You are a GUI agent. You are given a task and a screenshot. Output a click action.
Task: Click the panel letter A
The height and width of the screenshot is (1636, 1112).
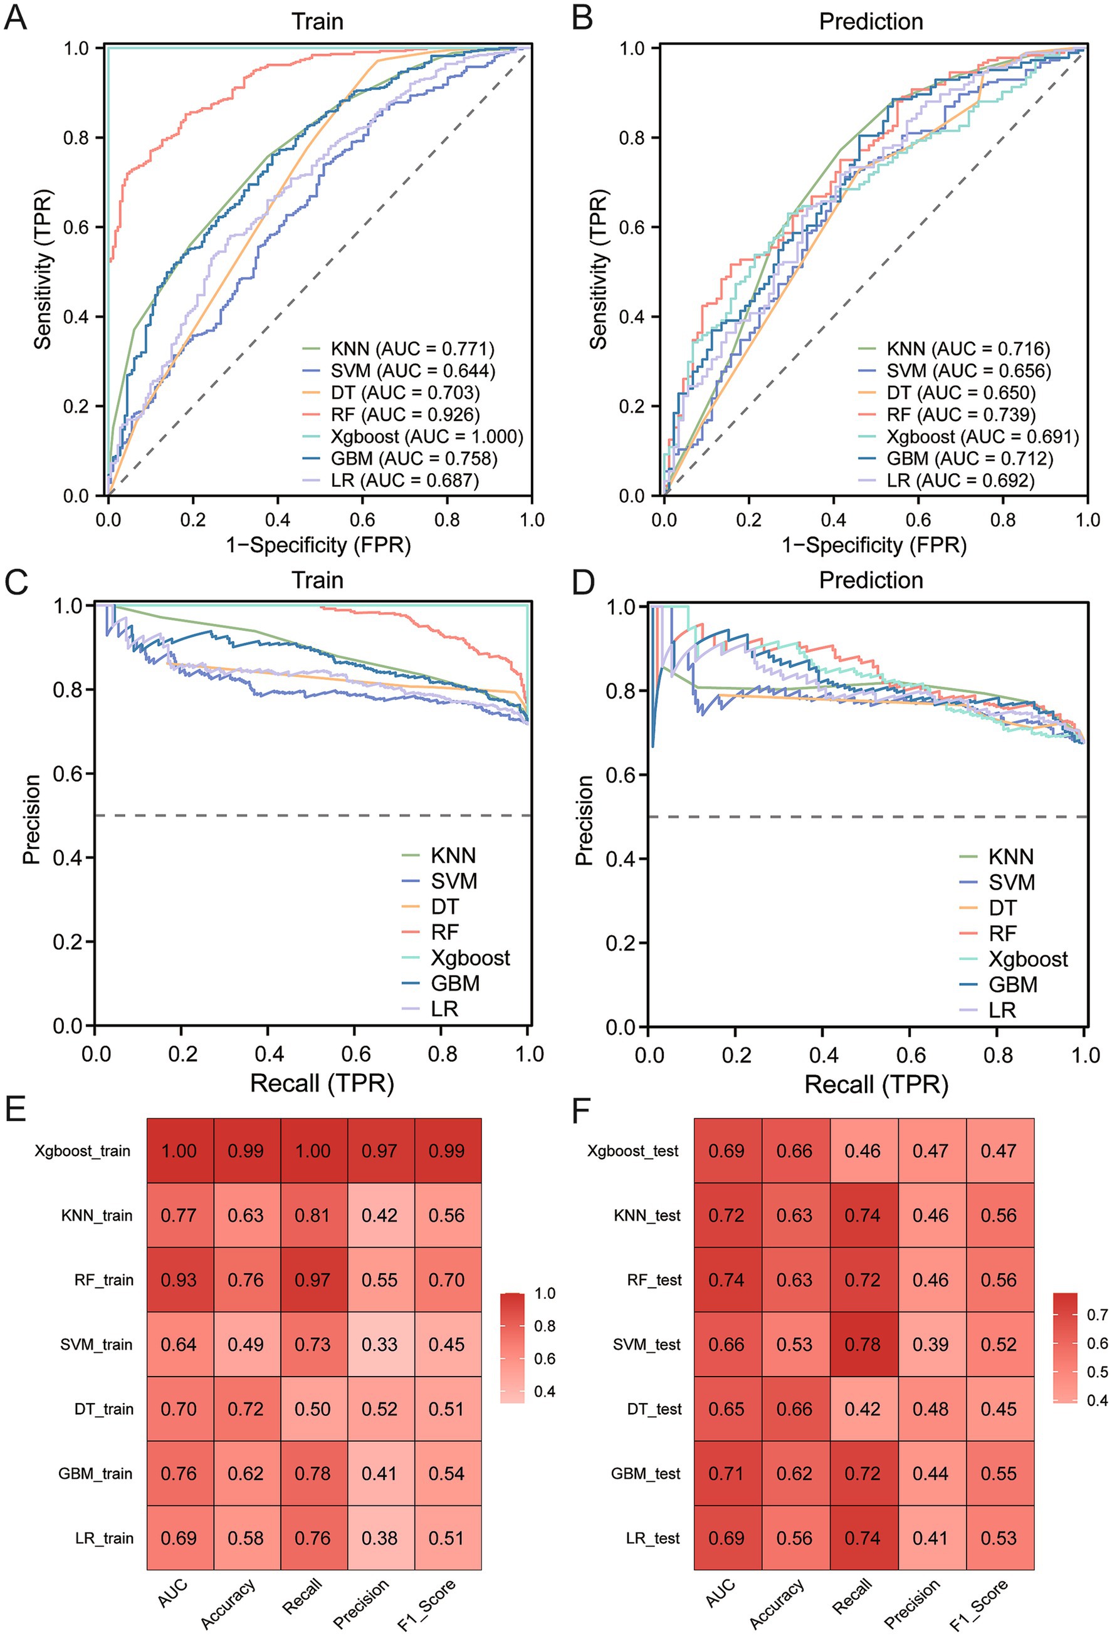(x=16, y=18)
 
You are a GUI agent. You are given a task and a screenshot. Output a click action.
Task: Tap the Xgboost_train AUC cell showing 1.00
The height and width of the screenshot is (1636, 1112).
(x=179, y=1151)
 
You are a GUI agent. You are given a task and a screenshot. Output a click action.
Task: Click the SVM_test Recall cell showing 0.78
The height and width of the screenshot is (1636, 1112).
(x=863, y=1345)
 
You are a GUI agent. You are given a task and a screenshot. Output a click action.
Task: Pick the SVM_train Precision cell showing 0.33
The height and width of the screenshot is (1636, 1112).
(x=380, y=1345)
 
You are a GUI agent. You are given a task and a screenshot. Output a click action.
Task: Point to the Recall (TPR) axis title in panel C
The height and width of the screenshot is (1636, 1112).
(x=322, y=1083)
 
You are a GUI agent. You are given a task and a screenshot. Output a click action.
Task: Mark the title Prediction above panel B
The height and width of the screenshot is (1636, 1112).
(x=871, y=22)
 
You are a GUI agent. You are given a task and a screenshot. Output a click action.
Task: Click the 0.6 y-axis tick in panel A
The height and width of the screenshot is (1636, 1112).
(x=76, y=227)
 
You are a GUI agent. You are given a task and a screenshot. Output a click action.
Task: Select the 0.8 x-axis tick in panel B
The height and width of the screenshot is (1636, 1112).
(x=1002, y=519)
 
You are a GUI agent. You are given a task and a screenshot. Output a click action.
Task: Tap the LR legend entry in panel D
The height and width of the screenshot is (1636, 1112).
(x=1002, y=1010)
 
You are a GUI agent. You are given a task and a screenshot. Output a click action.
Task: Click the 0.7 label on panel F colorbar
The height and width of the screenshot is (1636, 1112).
(x=1097, y=1315)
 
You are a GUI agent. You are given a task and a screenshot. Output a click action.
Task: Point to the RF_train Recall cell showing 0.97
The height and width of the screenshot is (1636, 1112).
(x=313, y=1280)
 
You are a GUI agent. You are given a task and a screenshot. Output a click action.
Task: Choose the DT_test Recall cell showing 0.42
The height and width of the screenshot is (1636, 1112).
(x=863, y=1409)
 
